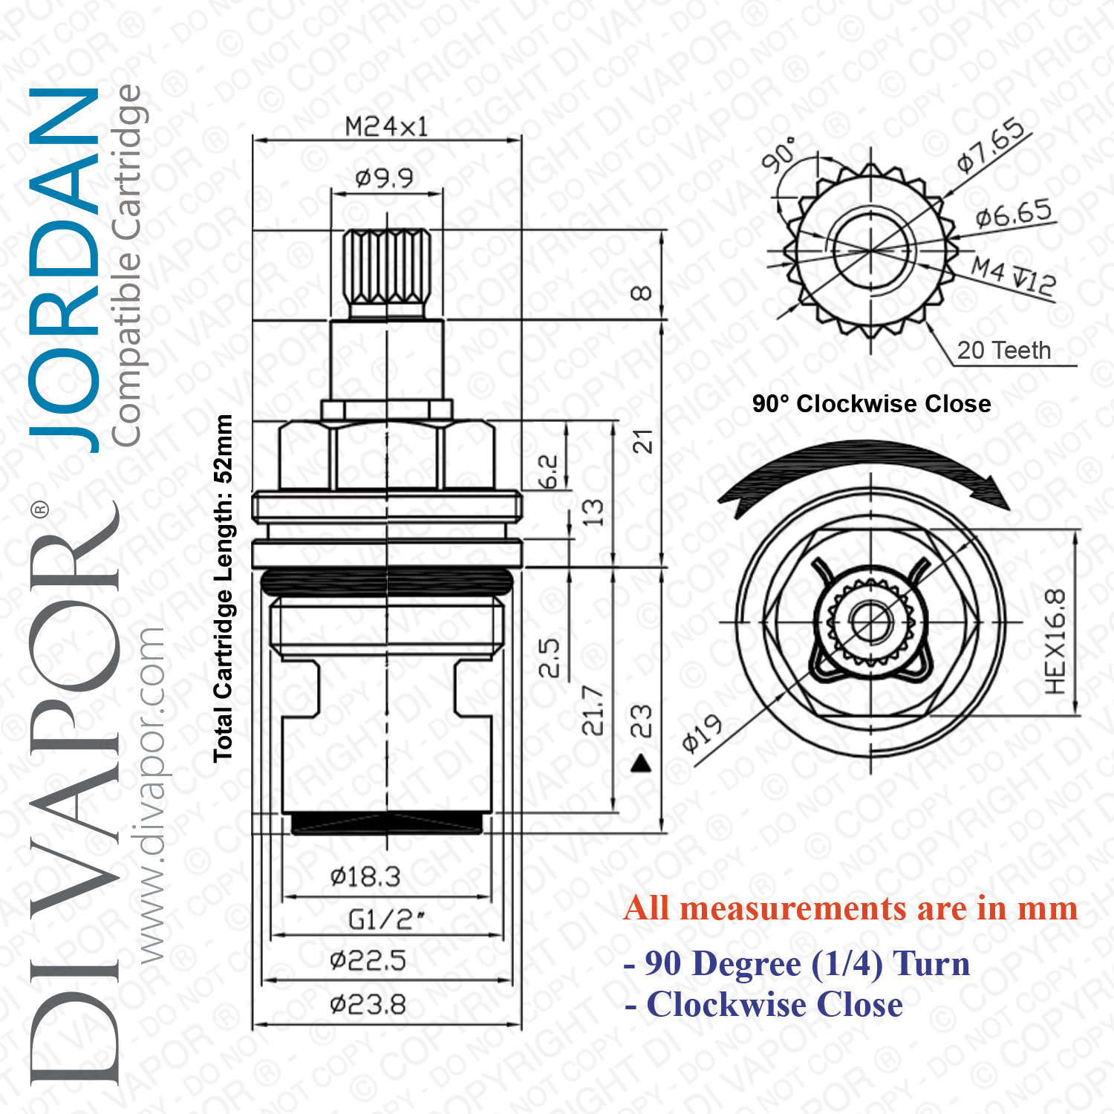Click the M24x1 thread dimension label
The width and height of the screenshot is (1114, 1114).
point(387,127)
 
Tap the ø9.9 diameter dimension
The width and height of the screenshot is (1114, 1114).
point(384,178)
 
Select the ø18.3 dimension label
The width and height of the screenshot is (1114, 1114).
point(365,877)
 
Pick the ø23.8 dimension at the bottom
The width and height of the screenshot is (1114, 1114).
point(368,1005)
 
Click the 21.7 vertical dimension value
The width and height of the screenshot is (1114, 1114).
point(592,711)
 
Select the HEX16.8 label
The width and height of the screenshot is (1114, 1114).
point(1055,642)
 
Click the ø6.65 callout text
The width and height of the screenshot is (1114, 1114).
point(1014,214)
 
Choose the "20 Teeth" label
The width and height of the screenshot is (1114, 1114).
point(1003,350)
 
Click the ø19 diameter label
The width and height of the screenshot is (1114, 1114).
point(702,733)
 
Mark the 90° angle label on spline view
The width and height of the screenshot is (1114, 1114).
point(779,154)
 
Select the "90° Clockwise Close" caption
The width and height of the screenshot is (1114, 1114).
point(871,404)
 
